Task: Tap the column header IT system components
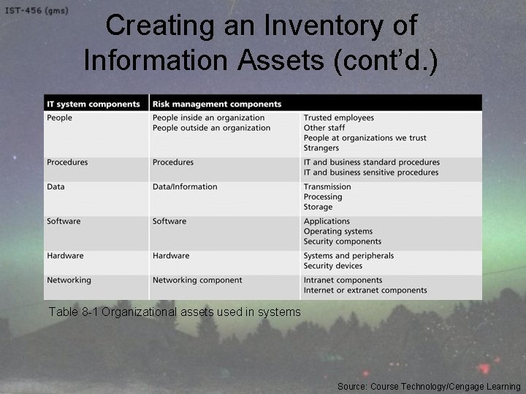point(94,104)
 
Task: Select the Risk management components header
point(217,104)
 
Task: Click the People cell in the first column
point(60,117)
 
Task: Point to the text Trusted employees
point(338,117)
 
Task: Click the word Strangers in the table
point(321,148)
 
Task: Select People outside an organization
point(211,128)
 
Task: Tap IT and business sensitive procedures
point(371,172)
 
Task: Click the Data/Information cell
point(185,187)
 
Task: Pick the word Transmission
point(327,187)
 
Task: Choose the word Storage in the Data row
point(318,207)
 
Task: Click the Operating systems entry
point(338,231)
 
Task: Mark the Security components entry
point(343,242)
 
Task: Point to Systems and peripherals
point(348,255)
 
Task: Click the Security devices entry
point(332,266)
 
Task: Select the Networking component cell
point(197,280)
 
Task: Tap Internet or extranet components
point(365,290)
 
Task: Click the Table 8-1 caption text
point(175,312)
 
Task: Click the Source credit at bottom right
point(429,386)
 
